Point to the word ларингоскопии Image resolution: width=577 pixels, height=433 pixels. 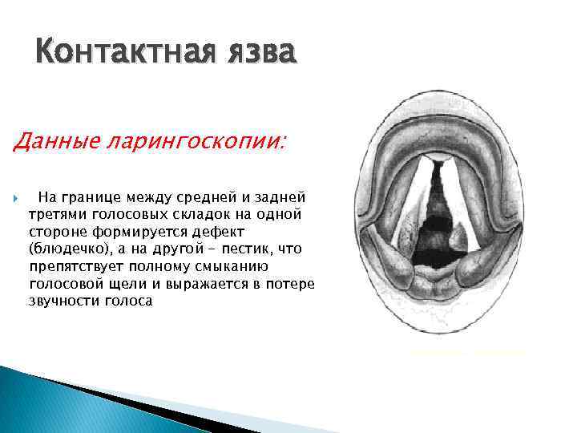[190, 142]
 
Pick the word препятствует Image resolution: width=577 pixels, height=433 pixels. [71, 266]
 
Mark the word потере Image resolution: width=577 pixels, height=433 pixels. [291, 284]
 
